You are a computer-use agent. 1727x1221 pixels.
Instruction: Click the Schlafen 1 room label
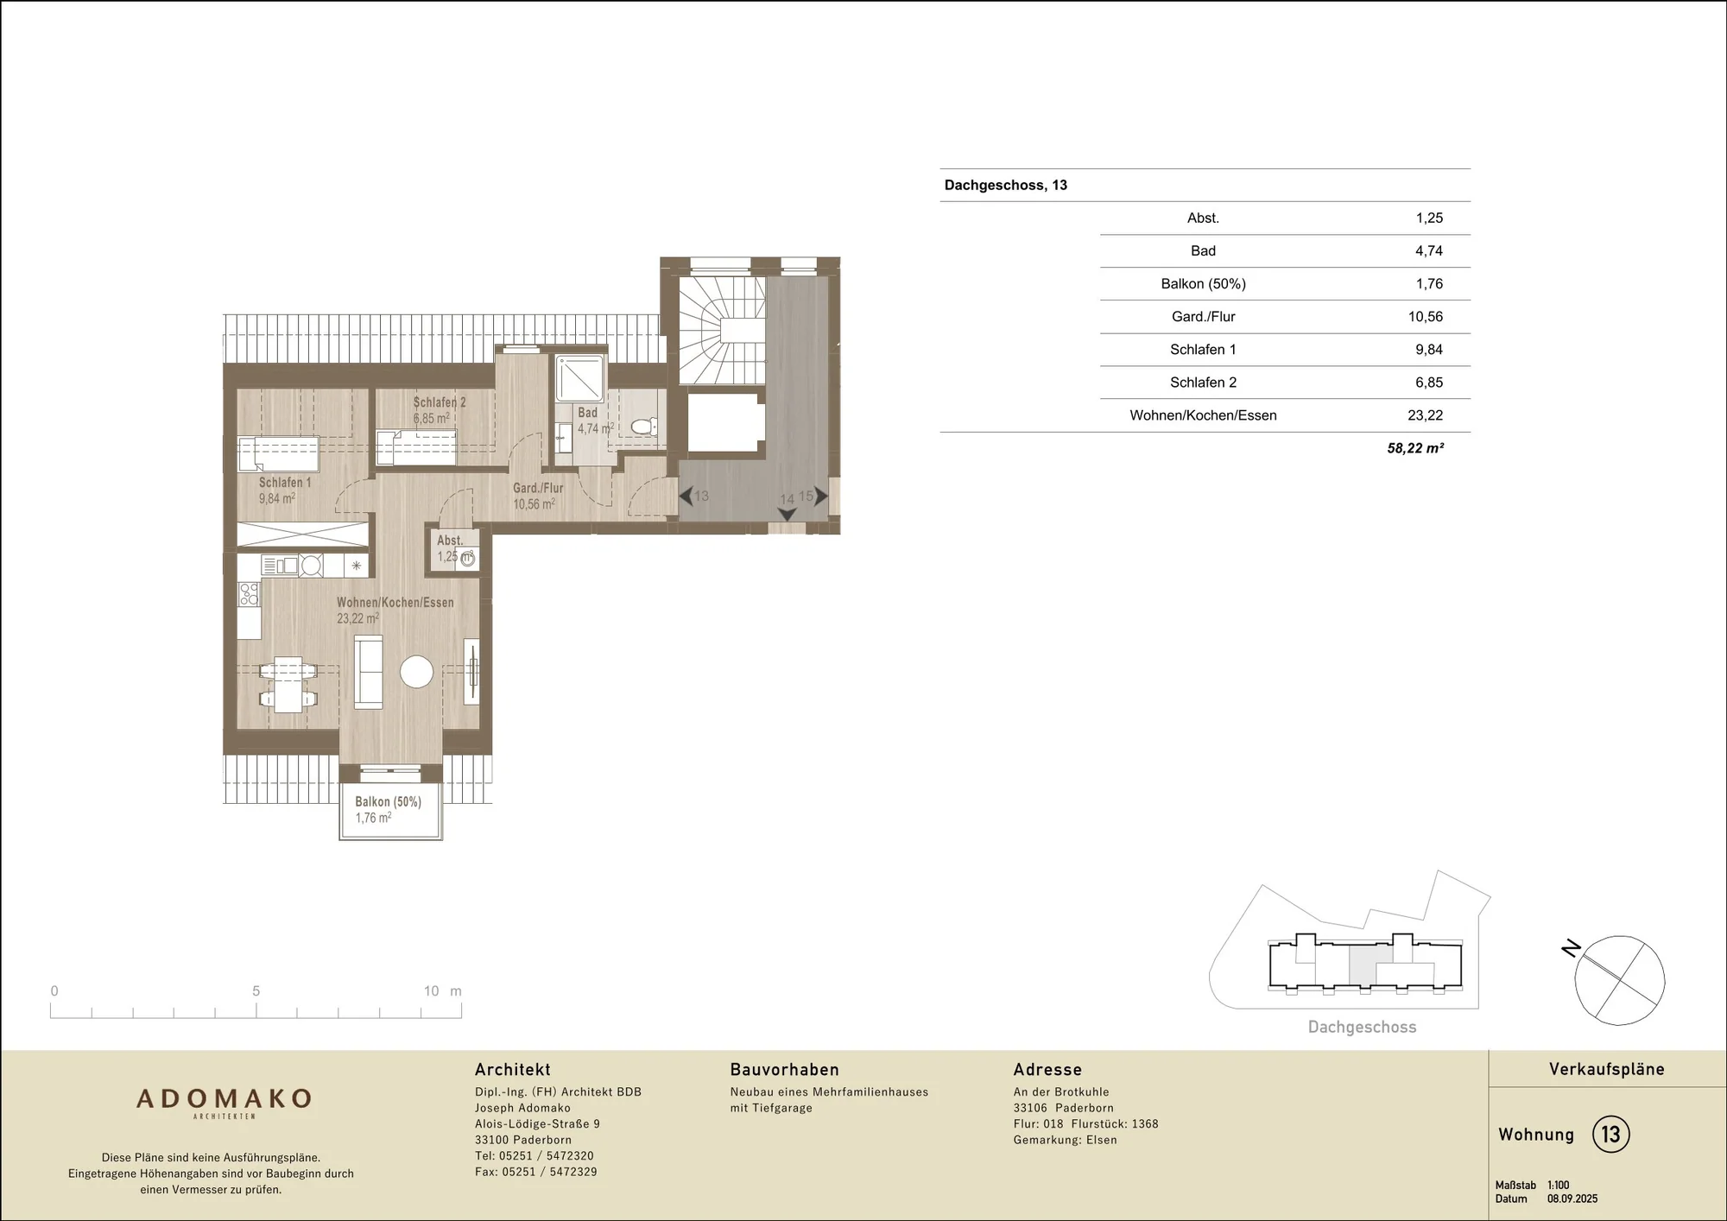point(285,483)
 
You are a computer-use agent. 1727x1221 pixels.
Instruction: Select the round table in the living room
point(416,672)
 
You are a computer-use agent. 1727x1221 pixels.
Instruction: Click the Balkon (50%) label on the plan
point(388,802)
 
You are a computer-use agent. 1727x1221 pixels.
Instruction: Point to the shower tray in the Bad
point(580,378)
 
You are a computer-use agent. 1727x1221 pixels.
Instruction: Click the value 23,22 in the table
point(1425,415)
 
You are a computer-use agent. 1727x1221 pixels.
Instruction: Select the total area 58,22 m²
point(1415,448)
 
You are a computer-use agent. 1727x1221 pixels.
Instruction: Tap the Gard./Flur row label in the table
point(1203,317)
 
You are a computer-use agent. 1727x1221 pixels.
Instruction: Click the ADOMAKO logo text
point(224,1098)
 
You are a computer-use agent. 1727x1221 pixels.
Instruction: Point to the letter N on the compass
point(1571,948)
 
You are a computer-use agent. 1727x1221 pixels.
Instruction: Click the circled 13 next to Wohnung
point(1610,1134)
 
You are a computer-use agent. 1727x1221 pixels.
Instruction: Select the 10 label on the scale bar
point(431,991)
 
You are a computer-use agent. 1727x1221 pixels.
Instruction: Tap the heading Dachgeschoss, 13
point(1005,186)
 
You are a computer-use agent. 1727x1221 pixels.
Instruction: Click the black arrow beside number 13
point(686,497)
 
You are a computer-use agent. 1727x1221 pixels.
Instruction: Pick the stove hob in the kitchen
point(249,594)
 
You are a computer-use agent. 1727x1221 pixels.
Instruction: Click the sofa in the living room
point(369,673)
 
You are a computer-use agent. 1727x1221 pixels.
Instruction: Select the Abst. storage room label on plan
point(449,541)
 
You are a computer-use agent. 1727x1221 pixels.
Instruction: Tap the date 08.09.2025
point(1572,1199)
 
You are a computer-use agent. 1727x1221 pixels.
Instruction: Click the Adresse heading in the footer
point(1047,1070)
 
